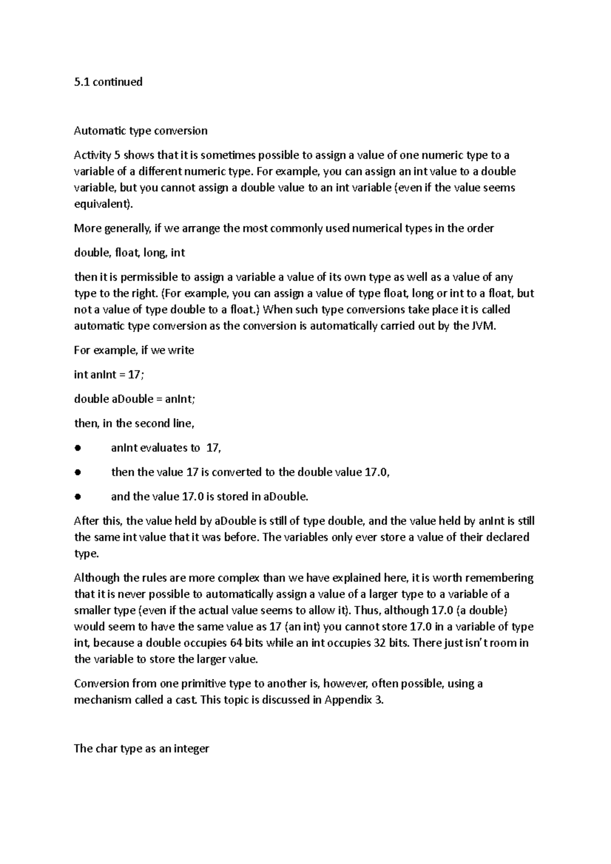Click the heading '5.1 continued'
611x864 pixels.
tap(108, 82)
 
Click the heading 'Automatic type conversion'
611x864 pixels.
tap(141, 131)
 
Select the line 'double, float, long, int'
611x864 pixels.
tap(129, 253)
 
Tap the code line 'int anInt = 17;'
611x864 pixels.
tap(109, 375)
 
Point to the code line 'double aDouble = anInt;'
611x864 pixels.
tap(134, 399)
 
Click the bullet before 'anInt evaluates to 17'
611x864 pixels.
tap(77, 448)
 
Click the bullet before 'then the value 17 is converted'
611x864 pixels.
tap(77, 473)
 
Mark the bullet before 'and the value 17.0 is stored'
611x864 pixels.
tap(77, 497)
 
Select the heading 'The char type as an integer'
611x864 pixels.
tap(142, 748)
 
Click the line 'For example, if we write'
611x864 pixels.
tap(134, 351)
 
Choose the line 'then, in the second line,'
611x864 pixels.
tap(134, 424)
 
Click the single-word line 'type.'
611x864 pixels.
tap(86, 554)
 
